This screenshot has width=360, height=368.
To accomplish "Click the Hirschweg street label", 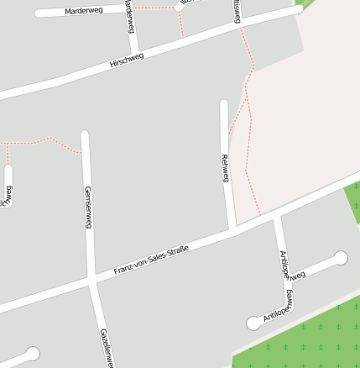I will (127, 61).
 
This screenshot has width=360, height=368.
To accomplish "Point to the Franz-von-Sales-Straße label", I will (152, 260).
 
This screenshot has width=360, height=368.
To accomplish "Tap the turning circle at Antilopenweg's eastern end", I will (341, 258).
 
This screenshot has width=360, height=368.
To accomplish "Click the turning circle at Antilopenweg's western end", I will (253, 323).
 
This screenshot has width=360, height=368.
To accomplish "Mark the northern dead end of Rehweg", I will (224, 103).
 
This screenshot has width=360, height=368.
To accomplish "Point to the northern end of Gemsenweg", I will (85, 134).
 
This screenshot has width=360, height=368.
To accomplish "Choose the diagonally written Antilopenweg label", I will (278, 313).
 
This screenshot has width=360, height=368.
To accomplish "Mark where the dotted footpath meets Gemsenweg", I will (85, 154).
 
